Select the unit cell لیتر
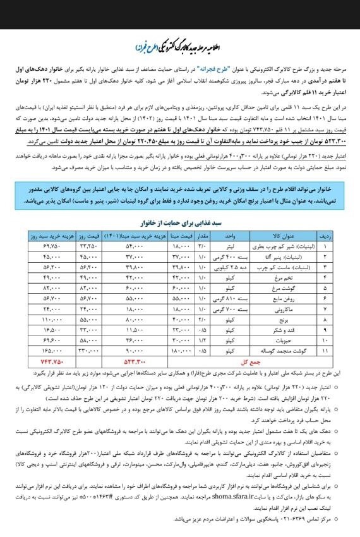pyautogui.click(x=230, y=244)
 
